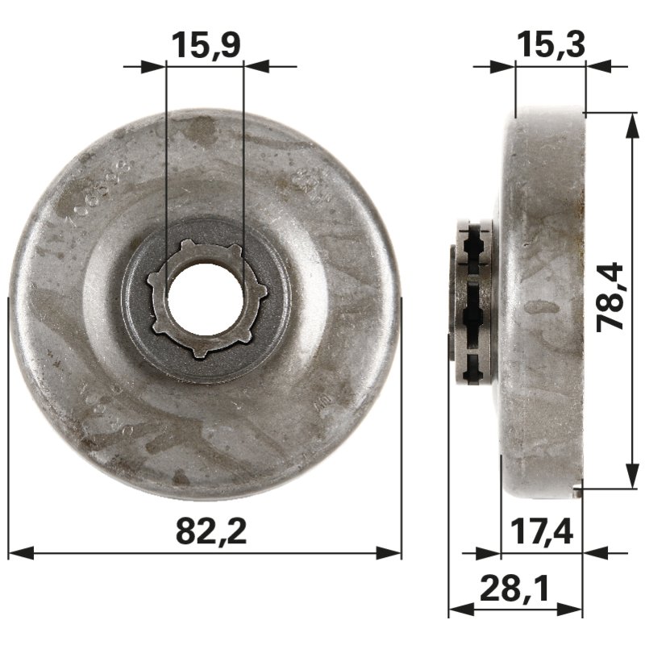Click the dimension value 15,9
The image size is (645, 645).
click(x=205, y=45)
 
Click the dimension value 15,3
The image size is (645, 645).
click(x=550, y=45)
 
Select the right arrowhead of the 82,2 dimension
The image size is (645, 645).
click(x=390, y=553)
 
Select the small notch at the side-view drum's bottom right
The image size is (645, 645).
click(x=577, y=485)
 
